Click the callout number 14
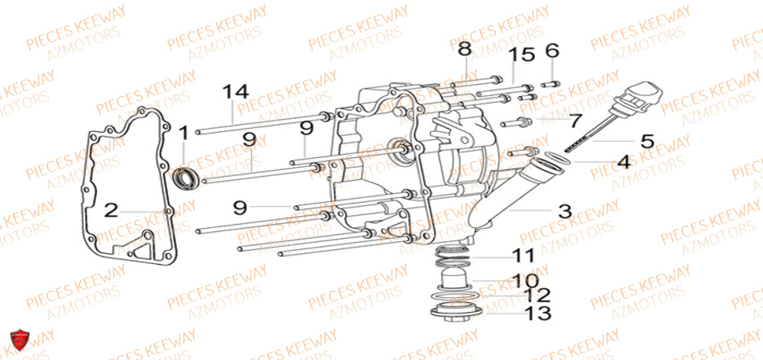coord(236,93)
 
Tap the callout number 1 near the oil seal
coord(183,134)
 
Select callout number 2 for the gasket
coord(111,210)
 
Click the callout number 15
coord(523,56)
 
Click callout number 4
coord(623,162)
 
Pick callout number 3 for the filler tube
coord(564,211)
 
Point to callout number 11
coord(523,255)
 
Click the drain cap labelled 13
coord(457,312)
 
